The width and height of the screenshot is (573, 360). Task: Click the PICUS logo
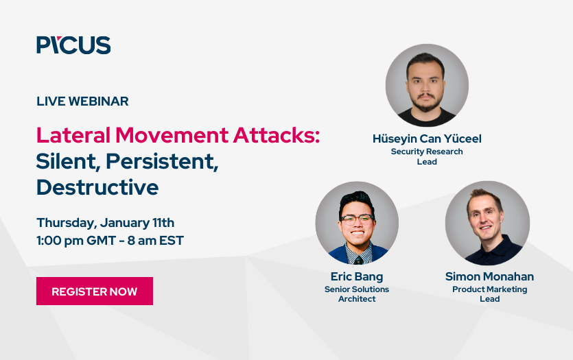pyautogui.click(x=73, y=45)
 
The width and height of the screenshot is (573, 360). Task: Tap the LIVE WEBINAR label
pyautogui.click(x=82, y=101)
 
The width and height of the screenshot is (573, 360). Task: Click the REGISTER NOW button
pyautogui.click(x=95, y=291)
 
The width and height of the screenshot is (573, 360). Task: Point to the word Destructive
pyautogui.click(x=97, y=187)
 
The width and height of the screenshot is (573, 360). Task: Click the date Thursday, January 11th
pyautogui.click(x=106, y=222)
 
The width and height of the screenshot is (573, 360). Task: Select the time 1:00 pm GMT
pyautogui.click(x=75, y=241)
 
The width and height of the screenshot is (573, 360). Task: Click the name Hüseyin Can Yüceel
pyautogui.click(x=427, y=139)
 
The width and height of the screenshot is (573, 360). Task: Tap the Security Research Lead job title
pyautogui.click(x=427, y=156)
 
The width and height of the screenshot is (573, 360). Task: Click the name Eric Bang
pyautogui.click(x=356, y=277)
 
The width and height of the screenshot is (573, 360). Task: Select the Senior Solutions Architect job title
pyautogui.click(x=356, y=294)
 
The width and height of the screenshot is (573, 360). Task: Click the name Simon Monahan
pyautogui.click(x=489, y=277)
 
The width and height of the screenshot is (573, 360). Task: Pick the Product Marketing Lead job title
pyautogui.click(x=489, y=294)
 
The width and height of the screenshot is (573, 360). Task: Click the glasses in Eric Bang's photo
pyautogui.click(x=357, y=220)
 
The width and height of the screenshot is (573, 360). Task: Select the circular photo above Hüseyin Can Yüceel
pyautogui.click(x=427, y=86)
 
